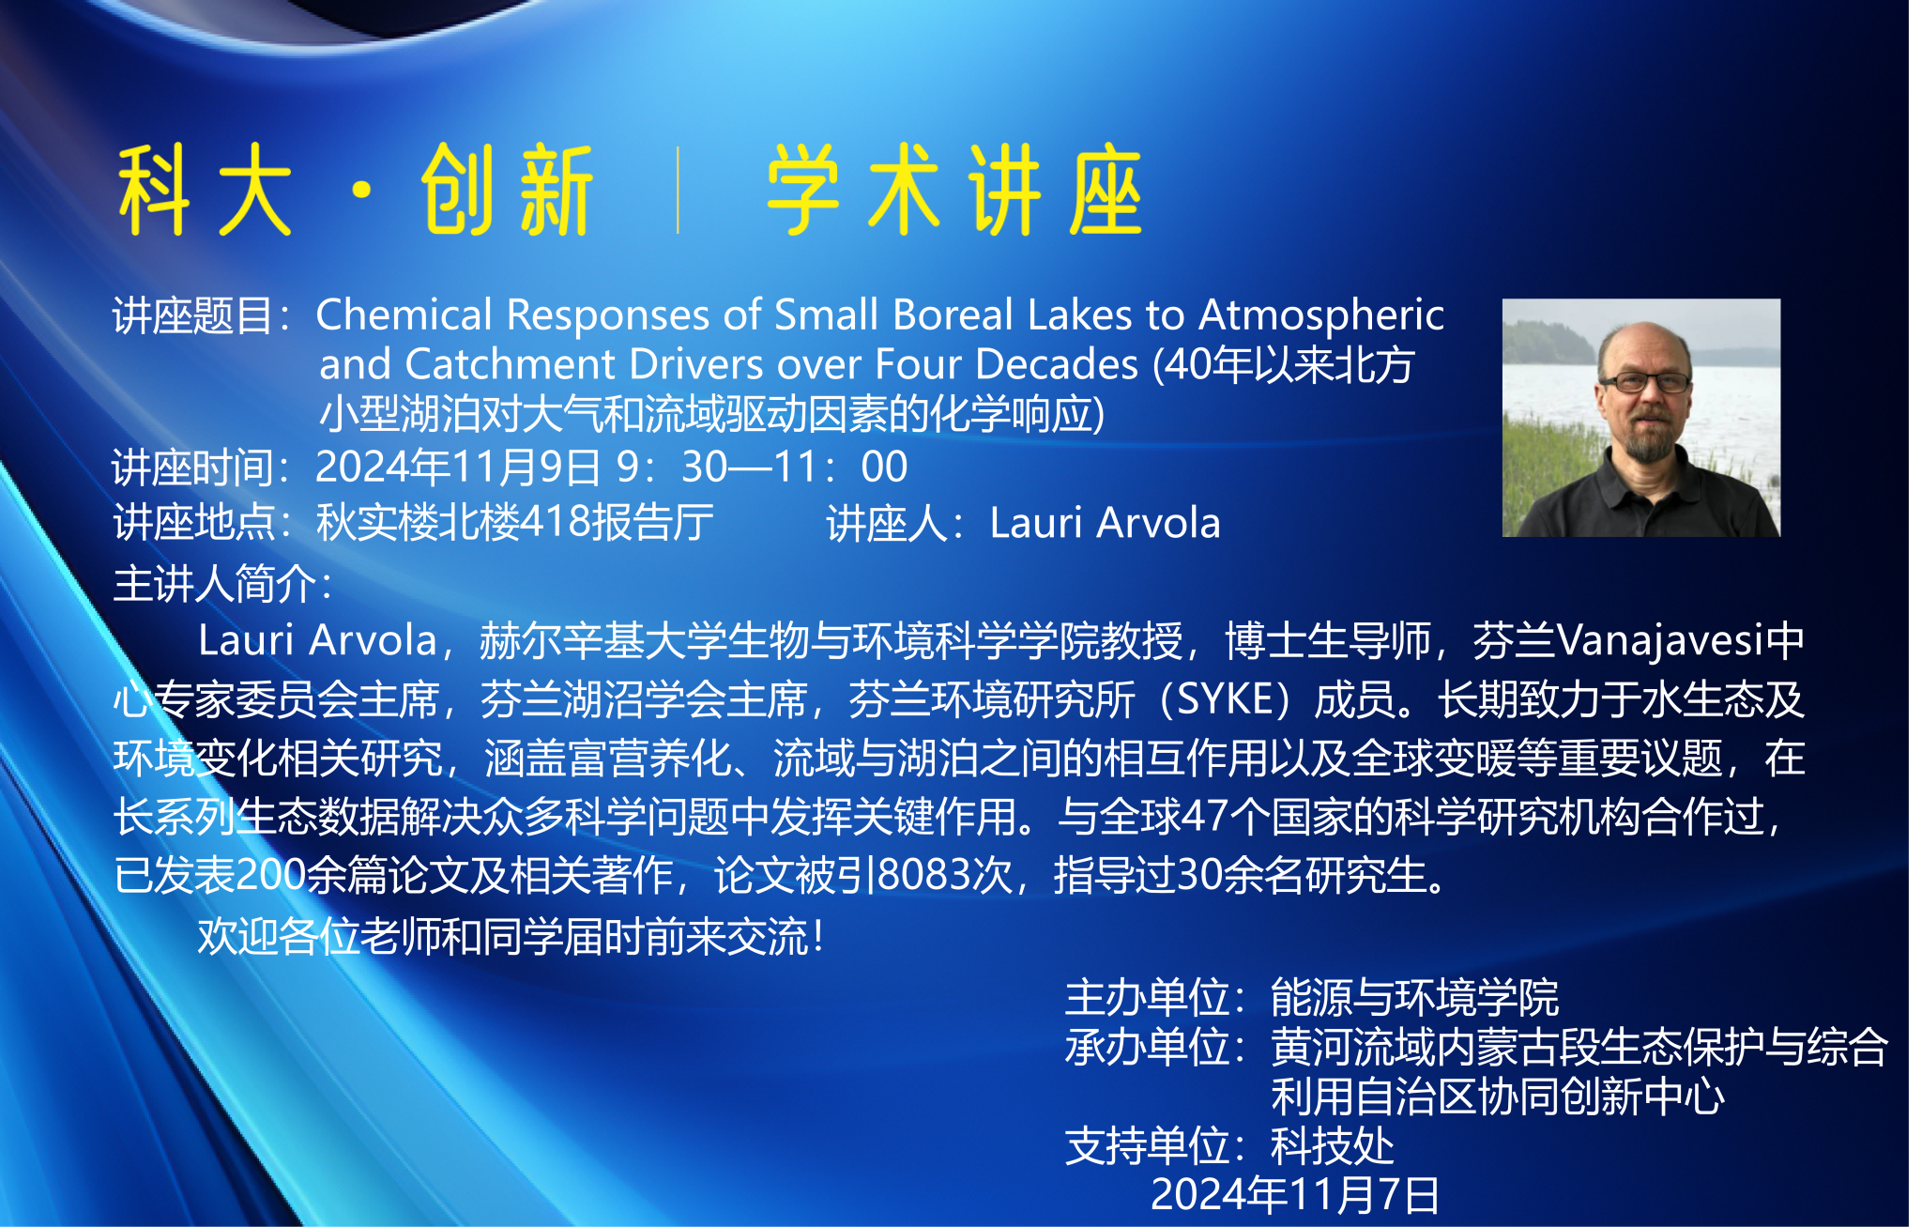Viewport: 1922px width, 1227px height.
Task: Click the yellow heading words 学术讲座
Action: click(955, 190)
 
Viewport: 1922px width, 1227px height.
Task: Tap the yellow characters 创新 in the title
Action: click(508, 190)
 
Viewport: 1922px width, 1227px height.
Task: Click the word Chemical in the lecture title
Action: click(404, 314)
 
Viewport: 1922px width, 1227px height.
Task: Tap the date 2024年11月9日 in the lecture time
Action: click(458, 467)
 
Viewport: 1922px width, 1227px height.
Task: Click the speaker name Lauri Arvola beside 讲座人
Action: click(1105, 523)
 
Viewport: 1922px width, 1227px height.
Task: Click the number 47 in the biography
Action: click(1205, 817)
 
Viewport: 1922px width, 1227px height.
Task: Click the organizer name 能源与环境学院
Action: click(1414, 997)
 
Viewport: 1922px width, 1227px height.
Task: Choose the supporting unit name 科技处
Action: click(1332, 1145)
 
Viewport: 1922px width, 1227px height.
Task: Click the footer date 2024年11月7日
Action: click(1295, 1195)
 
